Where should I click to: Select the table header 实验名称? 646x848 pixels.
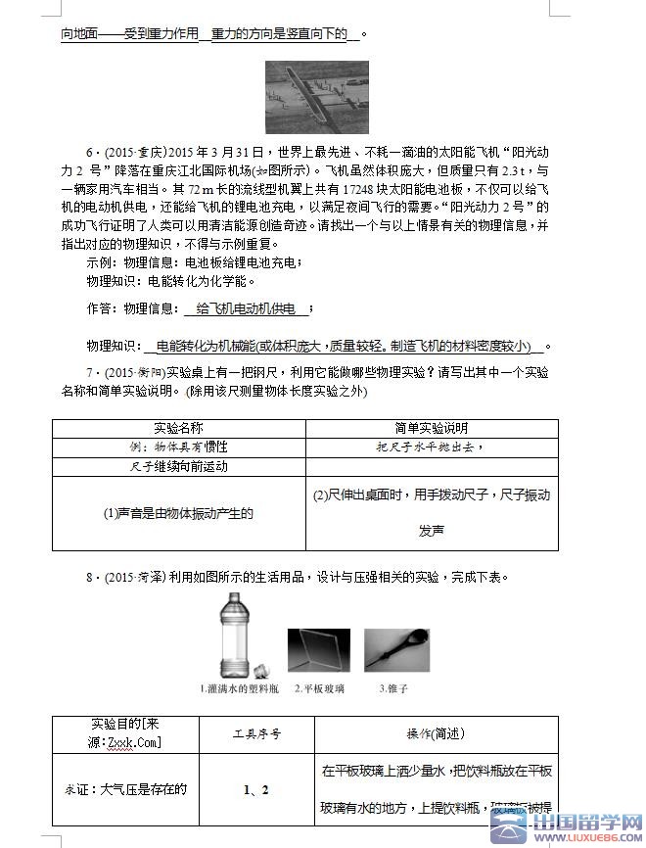[x=178, y=428]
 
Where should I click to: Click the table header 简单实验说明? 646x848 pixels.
[x=431, y=428]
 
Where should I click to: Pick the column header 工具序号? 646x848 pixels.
[x=256, y=733]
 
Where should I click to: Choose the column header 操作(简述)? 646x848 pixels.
[x=436, y=733]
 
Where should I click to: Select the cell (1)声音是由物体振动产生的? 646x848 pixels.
[x=178, y=512]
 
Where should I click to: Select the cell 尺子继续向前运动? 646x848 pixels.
[x=178, y=466]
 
